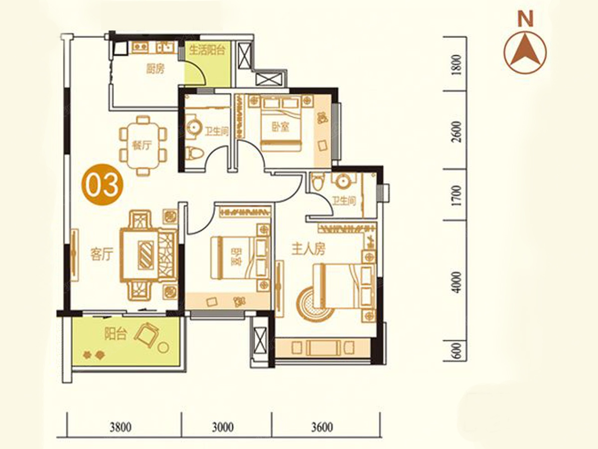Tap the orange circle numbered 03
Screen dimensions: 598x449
[102, 184]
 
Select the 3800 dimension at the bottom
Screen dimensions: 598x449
[121, 427]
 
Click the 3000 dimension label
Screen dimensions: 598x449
[223, 427]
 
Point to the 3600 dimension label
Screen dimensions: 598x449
[322, 427]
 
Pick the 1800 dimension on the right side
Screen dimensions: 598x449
[456, 65]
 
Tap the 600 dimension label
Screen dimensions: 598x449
[456, 351]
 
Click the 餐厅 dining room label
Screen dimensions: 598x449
[142, 145]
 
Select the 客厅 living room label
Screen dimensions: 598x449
[102, 254]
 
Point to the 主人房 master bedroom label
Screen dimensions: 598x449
[308, 248]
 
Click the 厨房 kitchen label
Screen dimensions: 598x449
[155, 69]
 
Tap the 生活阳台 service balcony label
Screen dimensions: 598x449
[208, 50]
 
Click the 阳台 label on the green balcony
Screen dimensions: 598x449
[116, 334]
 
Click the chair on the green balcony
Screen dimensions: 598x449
[147, 335]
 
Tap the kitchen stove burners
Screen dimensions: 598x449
[141, 47]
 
